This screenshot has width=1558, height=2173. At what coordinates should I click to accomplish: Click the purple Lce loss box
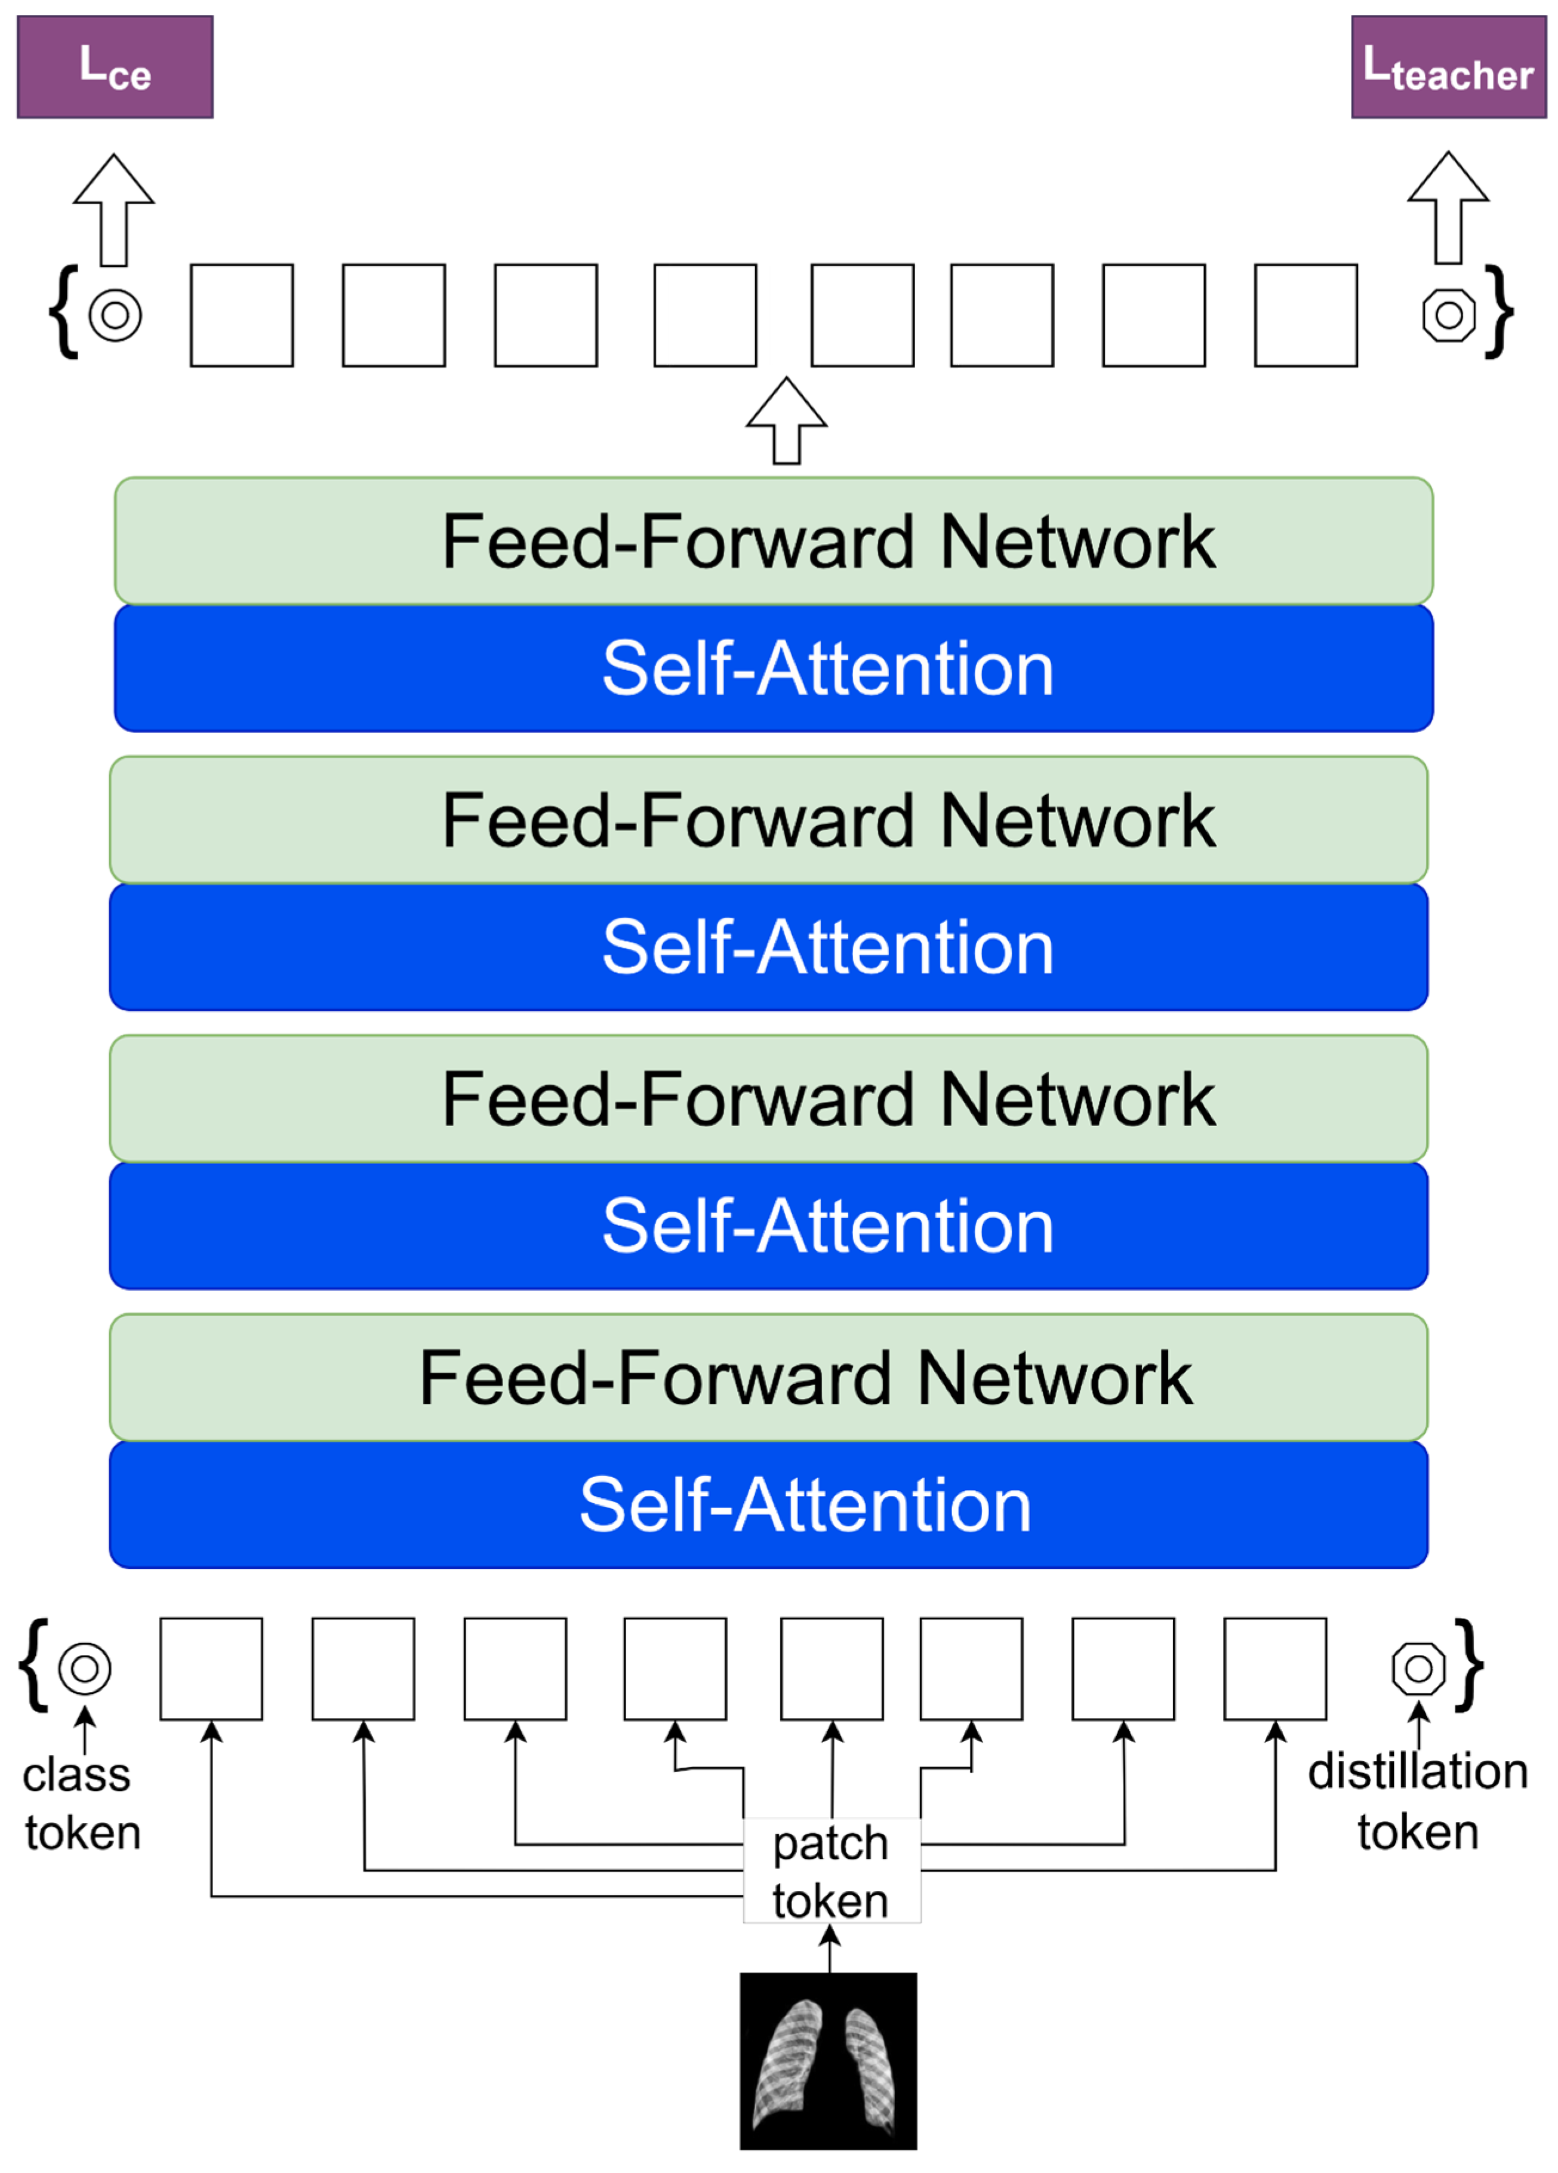pos(115,67)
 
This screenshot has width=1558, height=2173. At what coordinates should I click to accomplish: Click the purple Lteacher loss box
pos(1448,67)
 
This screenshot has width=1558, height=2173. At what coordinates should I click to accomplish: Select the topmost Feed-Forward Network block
pos(773,541)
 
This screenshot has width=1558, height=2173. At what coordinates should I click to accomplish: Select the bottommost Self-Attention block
pos(768,1504)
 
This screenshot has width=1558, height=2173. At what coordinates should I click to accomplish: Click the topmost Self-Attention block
pos(773,668)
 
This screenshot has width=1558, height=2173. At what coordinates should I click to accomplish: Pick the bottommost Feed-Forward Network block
pos(768,1378)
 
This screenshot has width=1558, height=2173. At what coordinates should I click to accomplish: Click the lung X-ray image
pos(828,2061)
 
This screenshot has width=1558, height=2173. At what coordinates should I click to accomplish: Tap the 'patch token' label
pos(831,1871)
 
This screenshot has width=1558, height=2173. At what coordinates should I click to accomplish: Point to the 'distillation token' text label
pos(1418,1801)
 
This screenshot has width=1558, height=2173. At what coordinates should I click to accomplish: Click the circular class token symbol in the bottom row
pos(84,1669)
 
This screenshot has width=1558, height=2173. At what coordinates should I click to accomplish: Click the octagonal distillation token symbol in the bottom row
pos(1418,1669)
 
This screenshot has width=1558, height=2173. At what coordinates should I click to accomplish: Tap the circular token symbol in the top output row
pos(115,315)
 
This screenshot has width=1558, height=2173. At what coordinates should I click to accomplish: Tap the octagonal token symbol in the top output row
pos(1448,315)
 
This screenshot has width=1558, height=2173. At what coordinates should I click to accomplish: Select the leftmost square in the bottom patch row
pos(211,1669)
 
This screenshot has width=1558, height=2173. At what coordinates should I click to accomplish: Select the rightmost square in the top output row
pos(1305,315)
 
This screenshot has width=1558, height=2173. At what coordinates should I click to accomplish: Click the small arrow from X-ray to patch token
pos(830,1949)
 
